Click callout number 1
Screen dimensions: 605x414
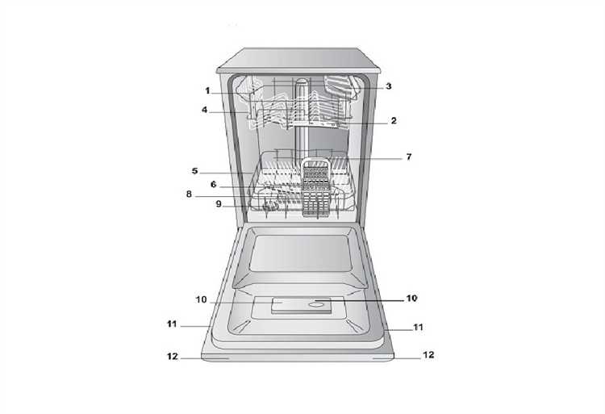pyautogui.click(x=207, y=91)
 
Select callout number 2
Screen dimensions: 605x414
pyautogui.click(x=394, y=121)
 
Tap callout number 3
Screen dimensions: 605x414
pyautogui.click(x=389, y=86)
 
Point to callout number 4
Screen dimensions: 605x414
pyautogui.click(x=205, y=110)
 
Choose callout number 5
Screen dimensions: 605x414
pyautogui.click(x=195, y=170)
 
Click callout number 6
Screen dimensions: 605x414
pyautogui.click(x=214, y=185)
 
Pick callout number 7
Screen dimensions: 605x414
pyautogui.click(x=409, y=157)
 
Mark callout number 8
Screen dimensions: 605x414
pyautogui.click(x=189, y=194)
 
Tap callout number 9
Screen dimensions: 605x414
pyautogui.click(x=219, y=203)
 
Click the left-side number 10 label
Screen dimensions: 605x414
pyautogui.click(x=201, y=299)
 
